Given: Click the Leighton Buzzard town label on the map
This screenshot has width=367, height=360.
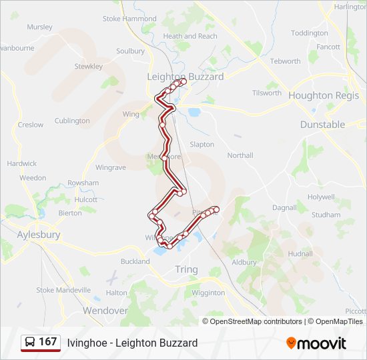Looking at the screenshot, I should point(186,77).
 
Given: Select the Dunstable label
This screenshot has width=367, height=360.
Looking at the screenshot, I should point(322,124).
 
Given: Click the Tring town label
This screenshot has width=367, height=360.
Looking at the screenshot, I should point(186,269).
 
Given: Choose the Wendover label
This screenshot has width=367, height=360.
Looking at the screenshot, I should point(105,311).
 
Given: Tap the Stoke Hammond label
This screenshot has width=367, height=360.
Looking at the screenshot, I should point(129,19).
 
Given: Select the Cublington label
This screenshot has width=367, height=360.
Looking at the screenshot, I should point(72,121).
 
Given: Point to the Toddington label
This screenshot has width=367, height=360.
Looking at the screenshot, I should point(310,33).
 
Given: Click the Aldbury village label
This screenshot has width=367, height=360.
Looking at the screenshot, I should point(244,263).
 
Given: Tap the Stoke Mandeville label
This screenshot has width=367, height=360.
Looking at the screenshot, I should point(63,290).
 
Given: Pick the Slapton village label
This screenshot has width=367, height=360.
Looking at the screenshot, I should point(202,144).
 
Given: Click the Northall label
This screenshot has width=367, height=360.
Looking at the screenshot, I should point(240,155).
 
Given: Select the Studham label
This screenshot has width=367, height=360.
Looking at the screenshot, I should point(326,215).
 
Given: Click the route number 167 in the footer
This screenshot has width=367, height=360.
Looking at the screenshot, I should point(48,342).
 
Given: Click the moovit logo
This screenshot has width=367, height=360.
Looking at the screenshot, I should point(316,343).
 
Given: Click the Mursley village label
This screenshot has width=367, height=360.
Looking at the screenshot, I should point(39,27).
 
